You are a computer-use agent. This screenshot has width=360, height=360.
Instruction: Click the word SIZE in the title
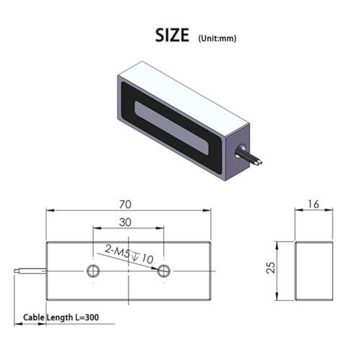click(x=172, y=35)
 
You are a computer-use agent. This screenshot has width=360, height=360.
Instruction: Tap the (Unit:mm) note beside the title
click(x=217, y=38)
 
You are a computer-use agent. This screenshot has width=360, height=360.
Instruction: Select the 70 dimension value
click(x=125, y=204)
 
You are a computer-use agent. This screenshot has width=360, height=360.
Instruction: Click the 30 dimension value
click(x=125, y=222)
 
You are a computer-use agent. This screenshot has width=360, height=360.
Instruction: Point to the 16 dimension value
click(x=313, y=204)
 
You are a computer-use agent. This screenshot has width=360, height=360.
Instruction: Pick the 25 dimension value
click(x=271, y=267)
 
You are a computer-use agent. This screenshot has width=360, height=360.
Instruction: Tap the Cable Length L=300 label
click(x=61, y=318)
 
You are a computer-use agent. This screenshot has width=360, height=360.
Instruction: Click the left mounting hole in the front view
click(x=93, y=271)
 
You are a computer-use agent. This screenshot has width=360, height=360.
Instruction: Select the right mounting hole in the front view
click(x=163, y=271)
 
